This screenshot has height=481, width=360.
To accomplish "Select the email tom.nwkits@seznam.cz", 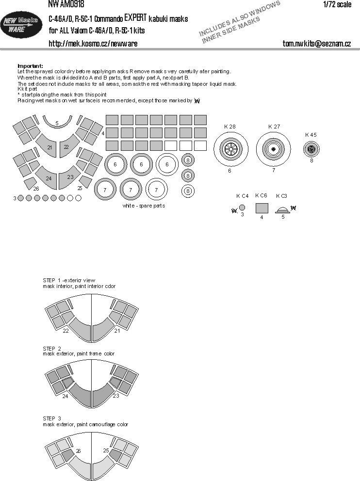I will pos(317,44).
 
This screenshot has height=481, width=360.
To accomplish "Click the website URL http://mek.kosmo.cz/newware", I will pos(93,44).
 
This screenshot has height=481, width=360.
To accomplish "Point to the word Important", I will pos(30,66).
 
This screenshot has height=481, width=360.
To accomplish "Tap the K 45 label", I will pos(311,135).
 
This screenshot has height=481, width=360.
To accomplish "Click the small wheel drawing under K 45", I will pos(311,149).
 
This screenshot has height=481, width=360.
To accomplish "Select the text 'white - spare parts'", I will pos(145,206).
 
